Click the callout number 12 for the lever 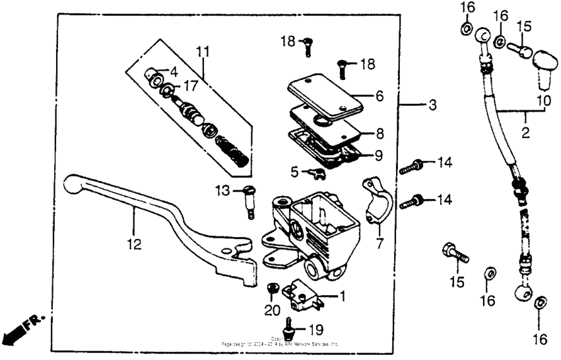click(134, 244)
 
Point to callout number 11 click(203, 51)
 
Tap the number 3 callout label click(432, 105)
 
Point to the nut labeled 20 click(271, 288)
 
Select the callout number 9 click(379, 157)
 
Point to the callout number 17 click(190, 85)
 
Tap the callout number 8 click(379, 133)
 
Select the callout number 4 click(174, 71)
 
